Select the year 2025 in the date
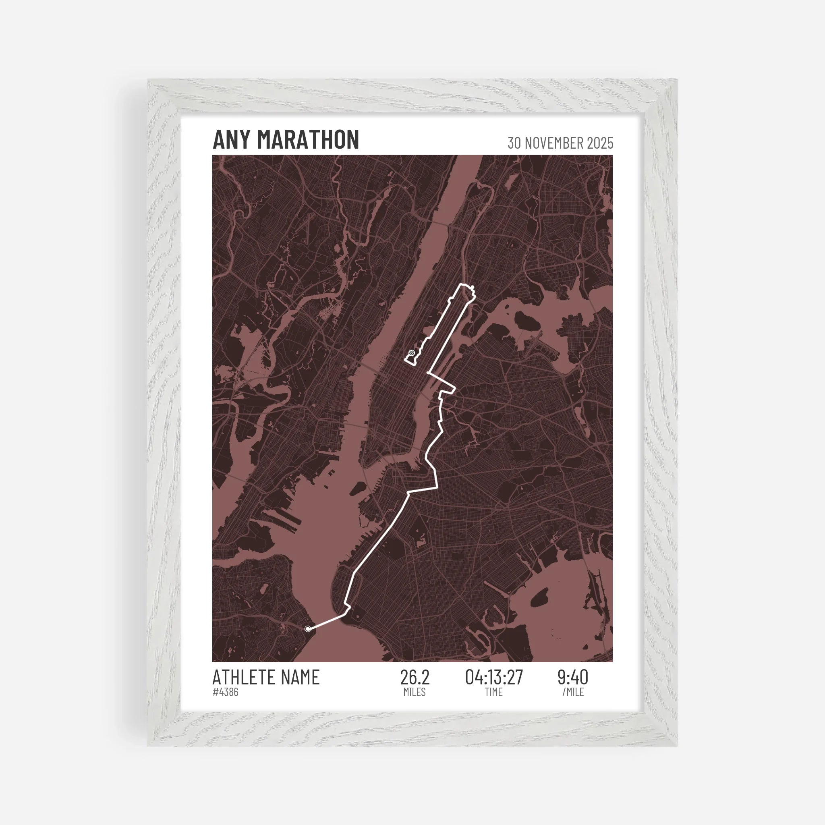[x=600, y=143]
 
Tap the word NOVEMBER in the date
[x=555, y=143]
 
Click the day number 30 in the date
[x=514, y=143]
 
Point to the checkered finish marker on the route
[x=412, y=353]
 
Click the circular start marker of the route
[x=308, y=628]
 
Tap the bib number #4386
[x=226, y=692]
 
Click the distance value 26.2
[x=415, y=678]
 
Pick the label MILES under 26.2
[x=415, y=692]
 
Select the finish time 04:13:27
[x=493, y=678]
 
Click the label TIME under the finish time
[x=493, y=692]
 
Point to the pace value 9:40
[x=573, y=678]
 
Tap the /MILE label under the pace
[x=573, y=692]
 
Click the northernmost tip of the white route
[x=462, y=284]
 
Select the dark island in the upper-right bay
[x=525, y=319]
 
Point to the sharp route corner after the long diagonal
[x=408, y=493]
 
